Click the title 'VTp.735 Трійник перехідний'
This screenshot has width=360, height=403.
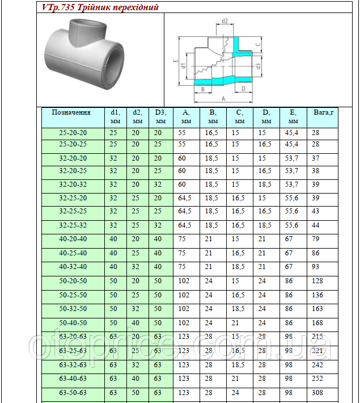(x=100, y=7)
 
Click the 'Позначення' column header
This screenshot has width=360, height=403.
(x=71, y=112)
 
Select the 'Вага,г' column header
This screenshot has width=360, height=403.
(x=324, y=112)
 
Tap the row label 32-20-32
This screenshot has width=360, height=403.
(x=73, y=184)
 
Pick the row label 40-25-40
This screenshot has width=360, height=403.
(x=73, y=253)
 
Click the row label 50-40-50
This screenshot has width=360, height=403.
(x=73, y=323)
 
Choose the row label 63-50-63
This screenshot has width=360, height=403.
(x=73, y=392)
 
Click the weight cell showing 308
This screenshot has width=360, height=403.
(x=317, y=392)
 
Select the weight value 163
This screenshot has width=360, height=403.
(x=317, y=309)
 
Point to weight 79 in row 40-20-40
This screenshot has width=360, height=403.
(x=316, y=239)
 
